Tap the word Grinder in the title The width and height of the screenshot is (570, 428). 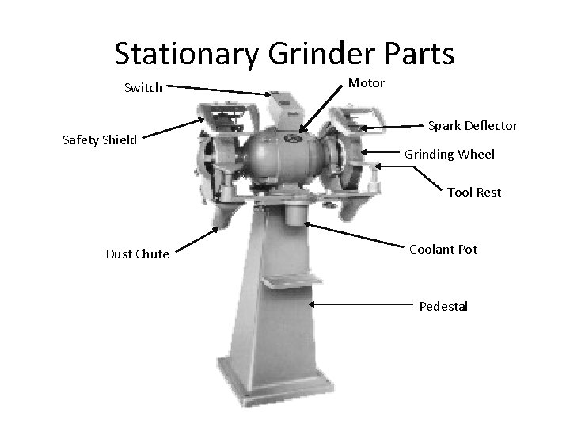tap(320, 54)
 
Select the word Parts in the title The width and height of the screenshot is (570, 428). tap(420, 54)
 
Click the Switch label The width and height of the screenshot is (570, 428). tap(143, 88)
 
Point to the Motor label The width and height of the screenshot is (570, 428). tap(366, 82)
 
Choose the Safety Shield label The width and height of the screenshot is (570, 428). tap(100, 140)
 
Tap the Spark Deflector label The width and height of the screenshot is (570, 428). tap(473, 126)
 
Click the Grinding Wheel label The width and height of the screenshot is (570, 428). tap(450, 155)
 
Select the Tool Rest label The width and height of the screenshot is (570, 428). tap(474, 192)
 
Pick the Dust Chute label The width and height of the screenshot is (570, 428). tap(137, 254)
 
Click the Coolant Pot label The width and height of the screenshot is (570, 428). tap(443, 249)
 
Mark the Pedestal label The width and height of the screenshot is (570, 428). tap(443, 305)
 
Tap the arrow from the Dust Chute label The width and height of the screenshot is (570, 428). tap(198, 239)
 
